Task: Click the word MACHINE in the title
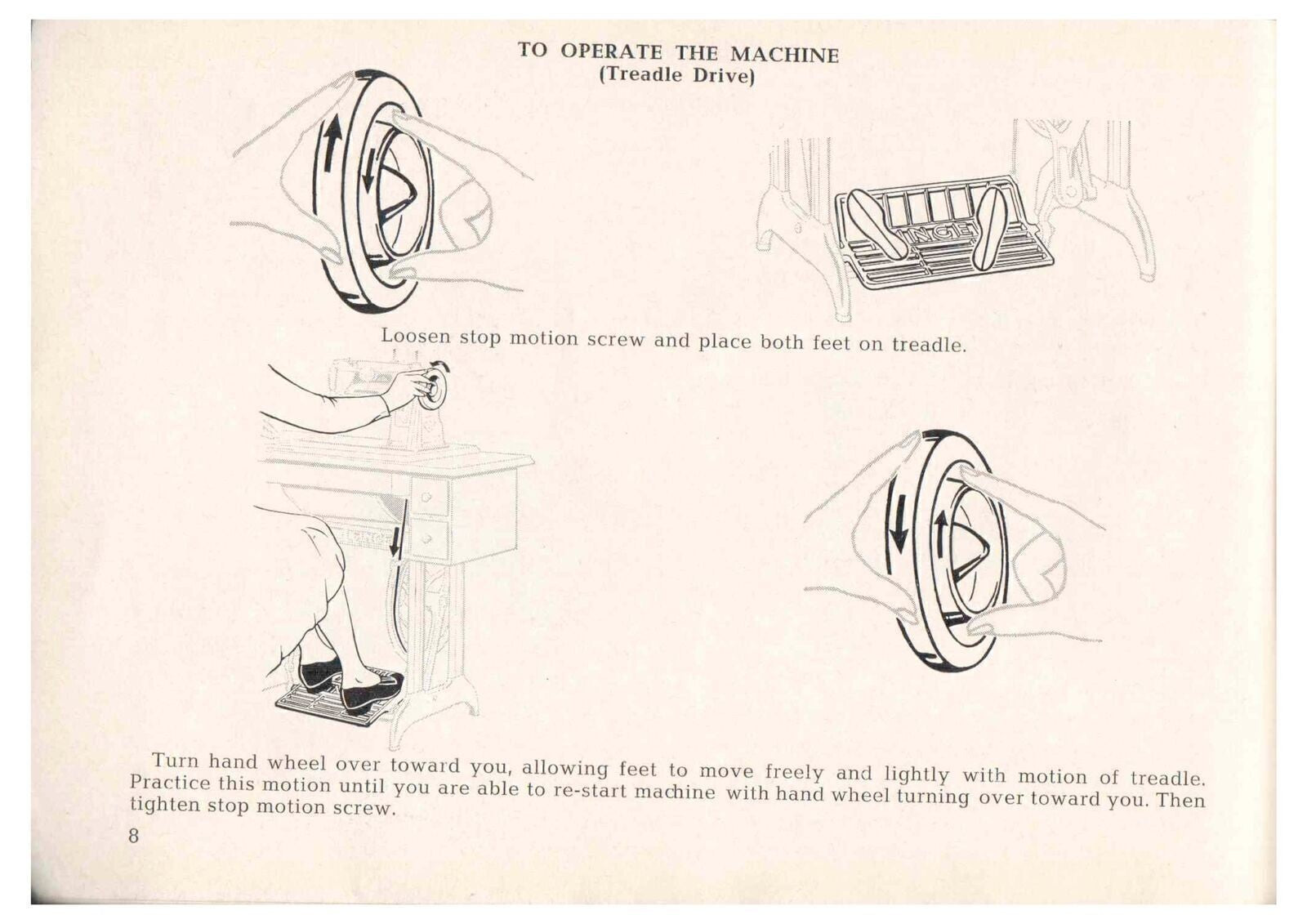[784, 55]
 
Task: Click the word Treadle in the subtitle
[654, 77]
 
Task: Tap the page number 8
[133, 836]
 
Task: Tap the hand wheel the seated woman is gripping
[435, 387]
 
